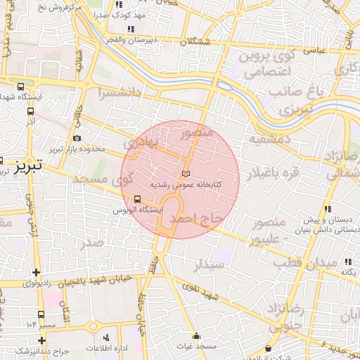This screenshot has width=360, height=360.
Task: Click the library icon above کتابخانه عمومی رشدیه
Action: [x=186, y=173]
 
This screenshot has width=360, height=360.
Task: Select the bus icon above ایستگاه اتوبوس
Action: [x=127, y=198]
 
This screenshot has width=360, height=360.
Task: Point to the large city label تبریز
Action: [x=29, y=165]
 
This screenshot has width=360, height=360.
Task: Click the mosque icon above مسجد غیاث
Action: [x=195, y=336]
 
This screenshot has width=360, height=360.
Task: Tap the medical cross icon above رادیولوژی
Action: [x=36, y=273]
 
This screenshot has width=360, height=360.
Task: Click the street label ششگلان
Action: [x=195, y=42]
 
